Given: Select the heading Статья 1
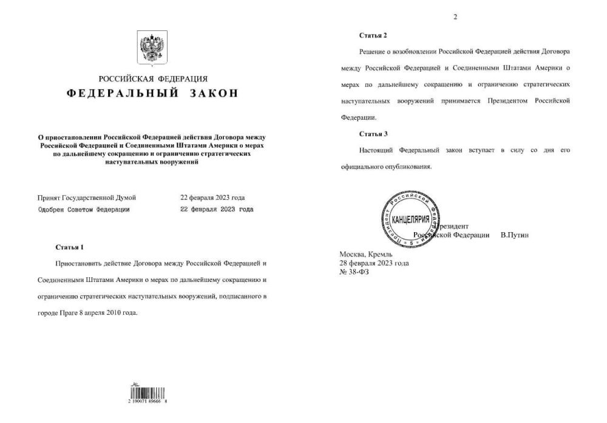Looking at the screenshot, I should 69,247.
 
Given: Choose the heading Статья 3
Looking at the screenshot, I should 373,133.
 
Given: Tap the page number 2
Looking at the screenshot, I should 455,17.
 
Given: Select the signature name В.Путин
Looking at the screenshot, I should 514,235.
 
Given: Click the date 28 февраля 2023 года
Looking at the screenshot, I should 374,263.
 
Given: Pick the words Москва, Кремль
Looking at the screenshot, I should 366,254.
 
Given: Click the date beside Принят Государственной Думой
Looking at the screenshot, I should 212,198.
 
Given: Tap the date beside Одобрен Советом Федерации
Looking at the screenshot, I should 217,209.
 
